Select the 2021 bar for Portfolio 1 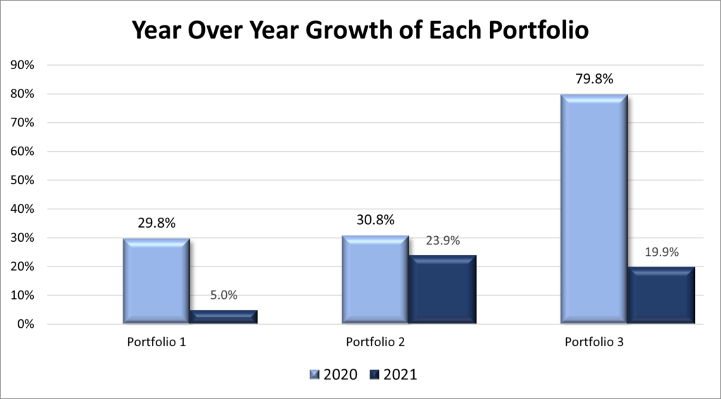224,317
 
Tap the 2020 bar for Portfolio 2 376,279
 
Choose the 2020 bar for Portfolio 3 594,209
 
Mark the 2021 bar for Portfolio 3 661,295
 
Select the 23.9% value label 443,240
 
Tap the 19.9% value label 661,252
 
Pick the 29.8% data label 156,223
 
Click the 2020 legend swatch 314,374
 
